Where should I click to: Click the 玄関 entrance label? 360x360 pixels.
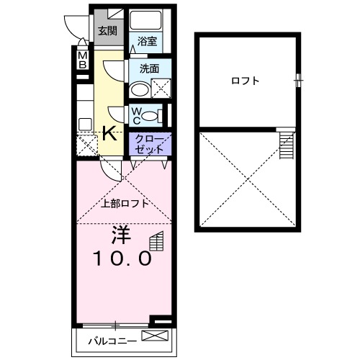pos(107,31)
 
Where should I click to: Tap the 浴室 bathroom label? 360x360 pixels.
pos(147,41)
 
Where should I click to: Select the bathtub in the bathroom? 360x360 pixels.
pos(145,20)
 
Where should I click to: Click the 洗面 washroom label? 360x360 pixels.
pos(149,69)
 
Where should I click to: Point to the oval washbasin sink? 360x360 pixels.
pos(140,90)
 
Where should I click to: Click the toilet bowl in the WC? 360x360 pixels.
pos(149,116)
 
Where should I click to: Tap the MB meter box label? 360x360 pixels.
pos(83,60)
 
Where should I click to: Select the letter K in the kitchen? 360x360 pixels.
pos(109,133)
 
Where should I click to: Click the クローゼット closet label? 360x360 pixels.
pos(150,144)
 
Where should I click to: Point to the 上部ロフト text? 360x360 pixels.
pos(125,204)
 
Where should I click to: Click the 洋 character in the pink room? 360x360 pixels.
pos(121,235)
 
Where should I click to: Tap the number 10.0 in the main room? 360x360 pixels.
pos(123,258)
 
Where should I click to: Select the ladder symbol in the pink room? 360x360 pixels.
pos(157,241)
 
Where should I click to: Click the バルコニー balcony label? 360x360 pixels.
pos(112,341)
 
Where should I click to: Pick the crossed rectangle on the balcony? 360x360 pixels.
pos(155,336)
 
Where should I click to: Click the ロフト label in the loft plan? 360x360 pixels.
pos(245,81)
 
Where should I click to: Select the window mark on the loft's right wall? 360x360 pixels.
pos(299,80)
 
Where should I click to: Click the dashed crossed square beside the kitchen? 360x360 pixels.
pos(87,145)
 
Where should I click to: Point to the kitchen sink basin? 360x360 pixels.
pos(85,125)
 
